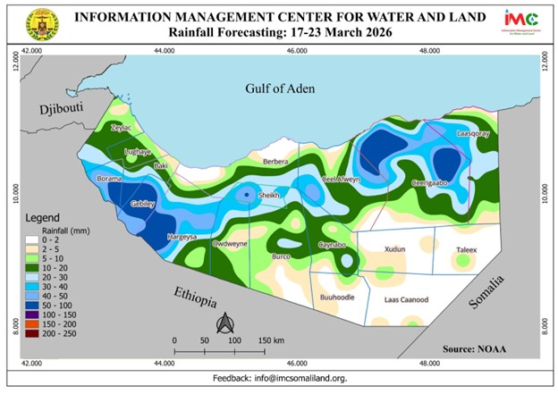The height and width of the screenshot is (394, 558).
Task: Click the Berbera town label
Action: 276,162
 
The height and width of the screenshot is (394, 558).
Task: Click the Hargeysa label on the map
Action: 182,237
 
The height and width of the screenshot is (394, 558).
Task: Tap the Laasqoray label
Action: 474,133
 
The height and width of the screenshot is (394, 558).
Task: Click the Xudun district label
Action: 394,248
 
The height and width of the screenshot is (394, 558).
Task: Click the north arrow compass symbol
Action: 227,323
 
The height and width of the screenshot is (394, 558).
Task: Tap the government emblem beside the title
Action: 41,24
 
